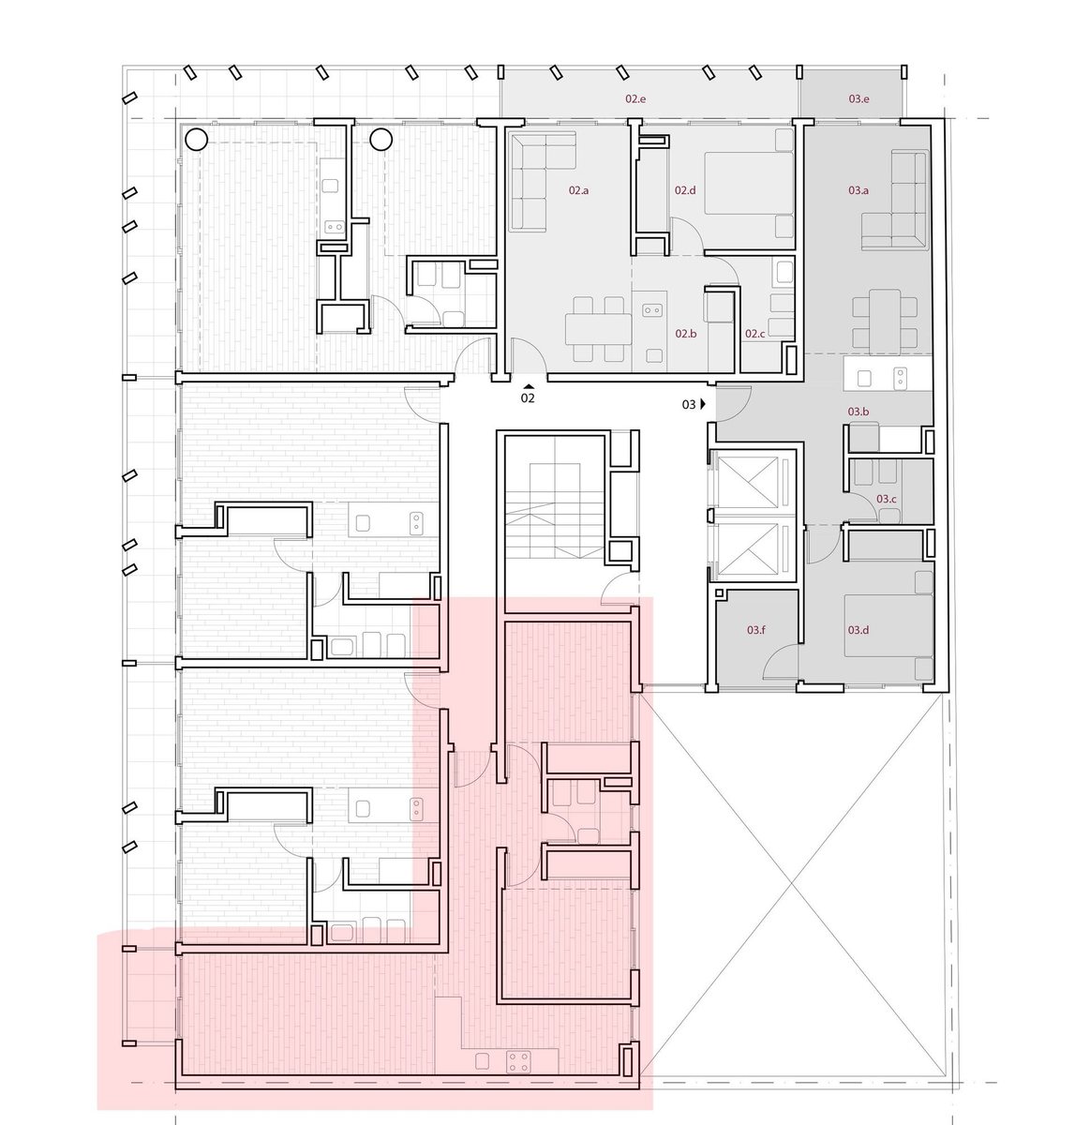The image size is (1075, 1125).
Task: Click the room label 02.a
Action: coord(578,190)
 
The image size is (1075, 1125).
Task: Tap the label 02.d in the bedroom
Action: coord(685,190)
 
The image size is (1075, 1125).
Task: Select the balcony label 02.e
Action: coord(635,98)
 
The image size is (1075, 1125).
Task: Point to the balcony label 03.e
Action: coord(859,98)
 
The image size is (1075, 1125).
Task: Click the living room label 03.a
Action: coord(859,190)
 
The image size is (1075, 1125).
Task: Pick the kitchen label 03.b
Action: coord(859,412)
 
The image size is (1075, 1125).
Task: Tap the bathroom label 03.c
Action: coord(886,499)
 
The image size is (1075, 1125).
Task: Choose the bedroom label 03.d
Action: coord(859,630)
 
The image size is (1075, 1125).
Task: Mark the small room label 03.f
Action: coord(756,630)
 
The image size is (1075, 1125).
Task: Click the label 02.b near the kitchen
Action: coord(685,334)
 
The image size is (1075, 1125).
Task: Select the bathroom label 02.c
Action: coord(754,334)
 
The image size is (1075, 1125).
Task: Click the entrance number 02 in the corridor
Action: coord(528,398)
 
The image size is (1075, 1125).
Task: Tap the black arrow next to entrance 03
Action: coord(703,404)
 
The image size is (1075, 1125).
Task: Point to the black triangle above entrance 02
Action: coord(529,386)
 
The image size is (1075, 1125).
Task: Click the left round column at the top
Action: coord(197,140)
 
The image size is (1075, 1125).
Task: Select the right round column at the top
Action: coord(381,140)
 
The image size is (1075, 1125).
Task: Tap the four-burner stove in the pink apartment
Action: coord(518,1061)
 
